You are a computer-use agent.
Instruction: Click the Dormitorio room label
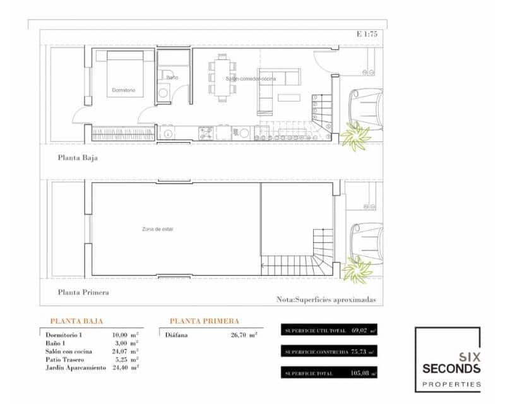point(124,90)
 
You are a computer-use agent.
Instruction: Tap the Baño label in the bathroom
point(172,77)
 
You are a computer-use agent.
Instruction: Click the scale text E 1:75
point(367,35)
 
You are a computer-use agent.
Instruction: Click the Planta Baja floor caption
point(78,158)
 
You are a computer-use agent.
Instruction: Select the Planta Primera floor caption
point(83,292)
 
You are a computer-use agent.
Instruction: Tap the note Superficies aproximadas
point(326,300)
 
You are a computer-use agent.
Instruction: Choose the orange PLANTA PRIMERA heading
point(204,321)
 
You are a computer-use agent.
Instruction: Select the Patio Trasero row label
point(66,359)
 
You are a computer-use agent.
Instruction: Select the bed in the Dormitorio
point(124,74)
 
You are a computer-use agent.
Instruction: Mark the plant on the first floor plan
point(355,271)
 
